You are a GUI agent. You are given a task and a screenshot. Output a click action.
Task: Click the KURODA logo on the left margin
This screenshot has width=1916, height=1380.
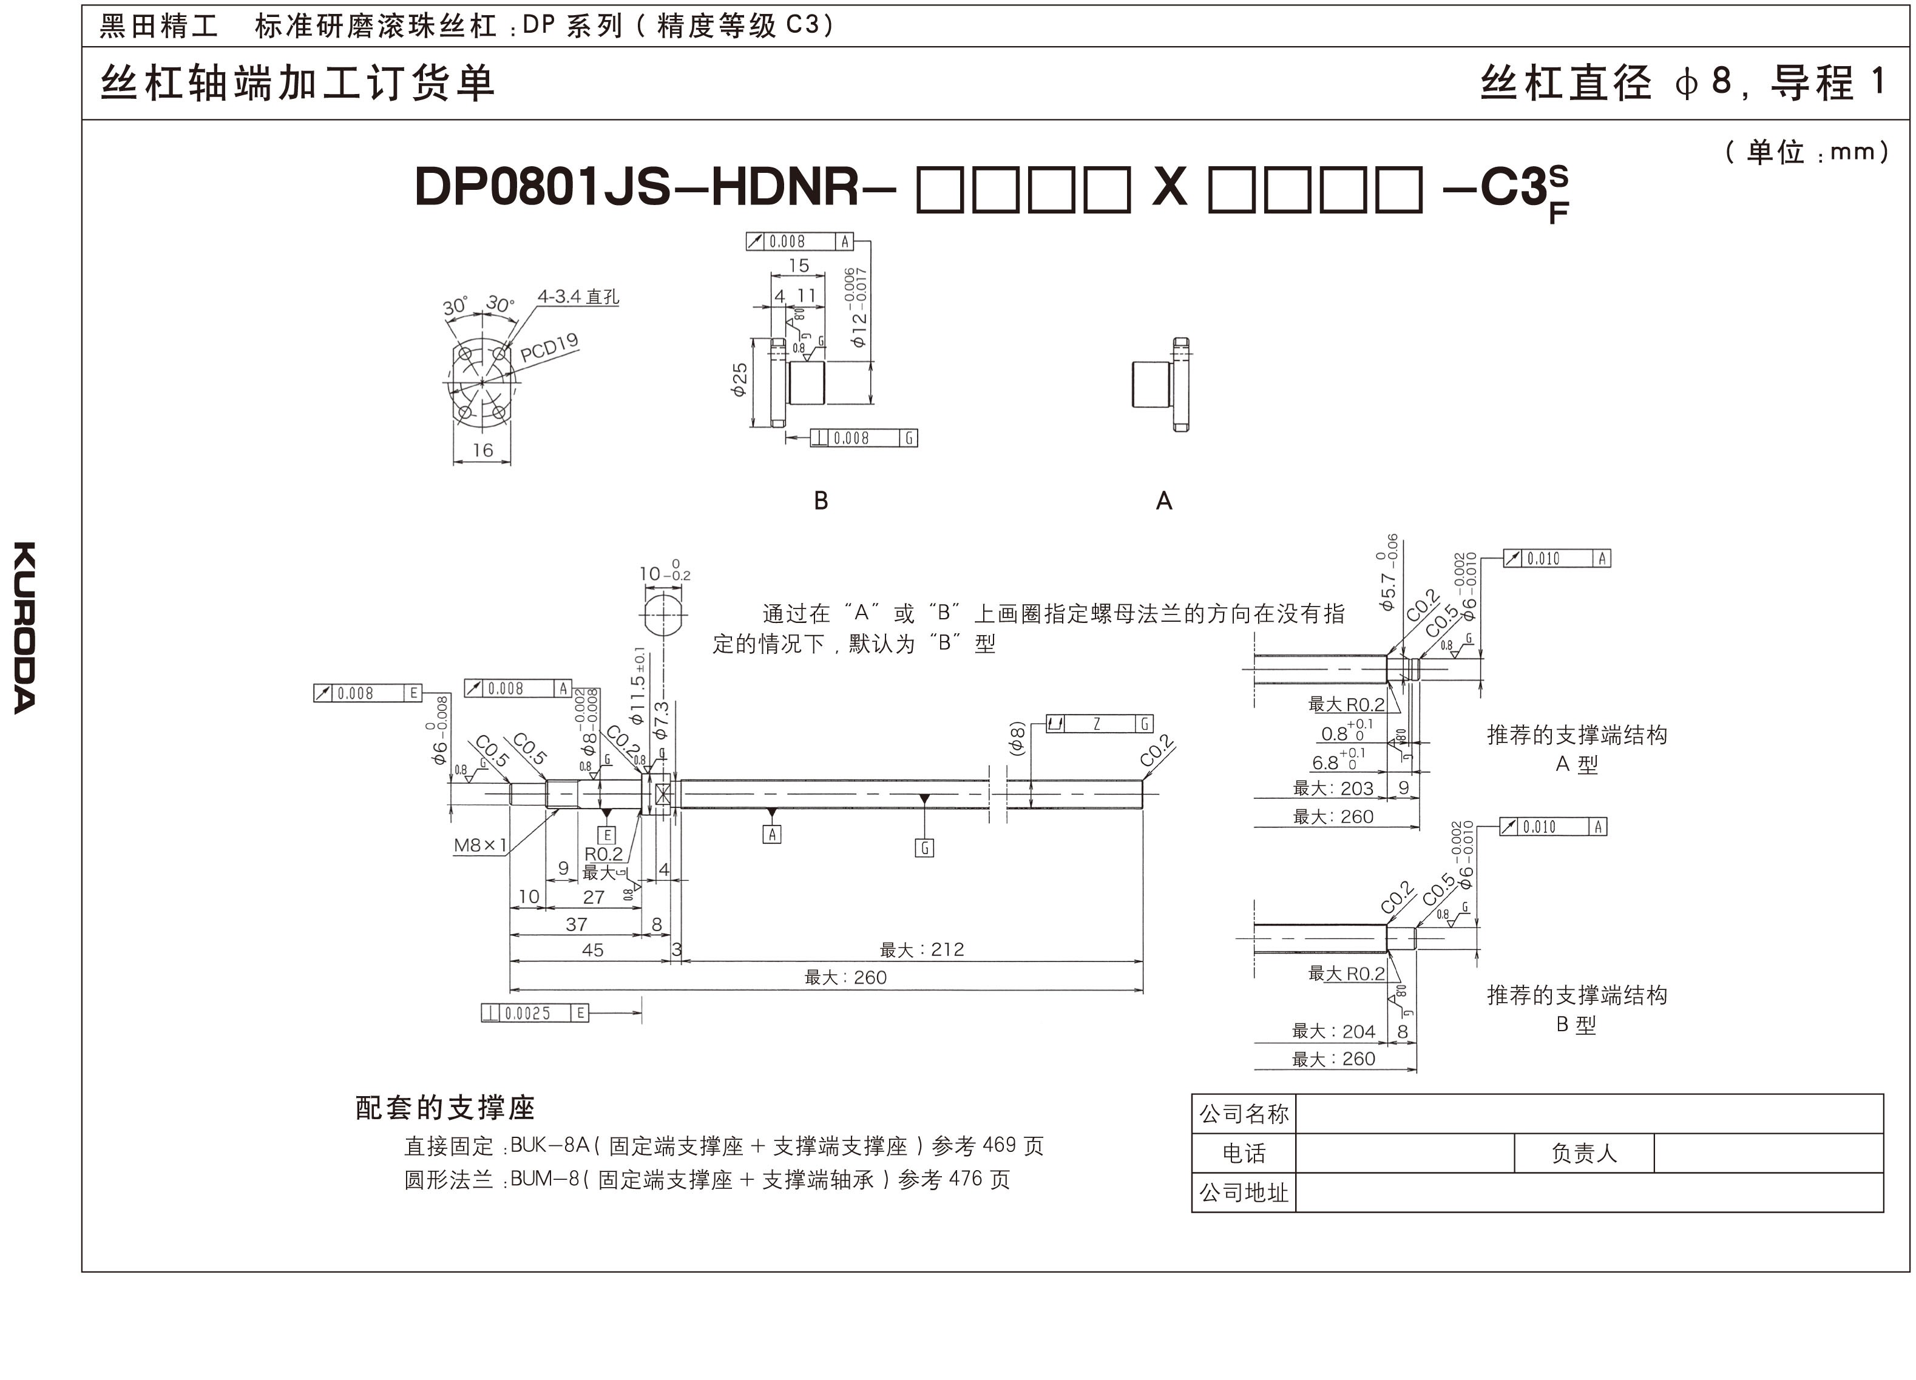(25, 627)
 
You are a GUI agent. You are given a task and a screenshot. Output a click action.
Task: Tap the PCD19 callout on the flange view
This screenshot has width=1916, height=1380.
(549, 346)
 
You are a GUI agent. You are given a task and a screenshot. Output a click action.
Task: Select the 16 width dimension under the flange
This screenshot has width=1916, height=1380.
(482, 450)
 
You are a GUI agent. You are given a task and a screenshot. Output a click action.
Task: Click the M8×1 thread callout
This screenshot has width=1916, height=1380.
(480, 844)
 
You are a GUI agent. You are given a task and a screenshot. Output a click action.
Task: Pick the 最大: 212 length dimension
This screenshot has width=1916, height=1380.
(922, 949)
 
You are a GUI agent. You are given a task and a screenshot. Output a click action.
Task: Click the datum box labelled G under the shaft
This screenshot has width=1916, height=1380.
(924, 848)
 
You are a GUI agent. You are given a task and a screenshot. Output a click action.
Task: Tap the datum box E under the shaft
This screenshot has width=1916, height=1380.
(606, 835)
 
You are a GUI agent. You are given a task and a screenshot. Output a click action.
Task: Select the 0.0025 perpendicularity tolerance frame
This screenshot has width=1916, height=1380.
(535, 1012)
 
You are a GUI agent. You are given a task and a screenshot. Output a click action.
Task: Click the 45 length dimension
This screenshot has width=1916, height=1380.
(592, 950)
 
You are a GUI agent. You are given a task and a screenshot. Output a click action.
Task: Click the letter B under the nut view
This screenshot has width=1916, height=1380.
(821, 502)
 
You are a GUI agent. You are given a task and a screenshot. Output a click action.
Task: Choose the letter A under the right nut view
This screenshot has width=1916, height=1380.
(1163, 502)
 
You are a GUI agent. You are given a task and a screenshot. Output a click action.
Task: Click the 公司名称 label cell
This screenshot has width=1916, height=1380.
(1244, 1114)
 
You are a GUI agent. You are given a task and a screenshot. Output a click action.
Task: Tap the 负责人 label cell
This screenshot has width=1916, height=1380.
(1583, 1153)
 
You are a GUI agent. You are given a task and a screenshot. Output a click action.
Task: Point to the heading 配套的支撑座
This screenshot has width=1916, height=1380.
(445, 1107)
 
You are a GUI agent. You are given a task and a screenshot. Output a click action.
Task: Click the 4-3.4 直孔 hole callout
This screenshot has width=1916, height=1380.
(578, 297)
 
